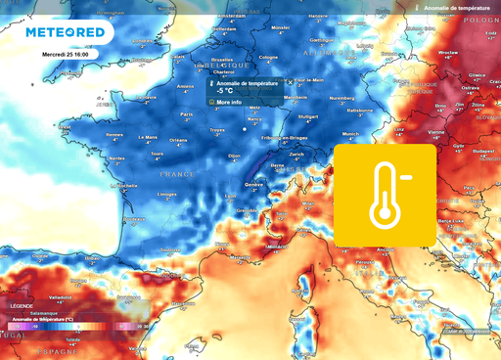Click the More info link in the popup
[229, 101]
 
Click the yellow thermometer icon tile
[386, 195]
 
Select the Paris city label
[186, 114]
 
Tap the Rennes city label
[114, 134]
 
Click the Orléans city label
[178, 140]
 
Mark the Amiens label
[184, 86]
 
